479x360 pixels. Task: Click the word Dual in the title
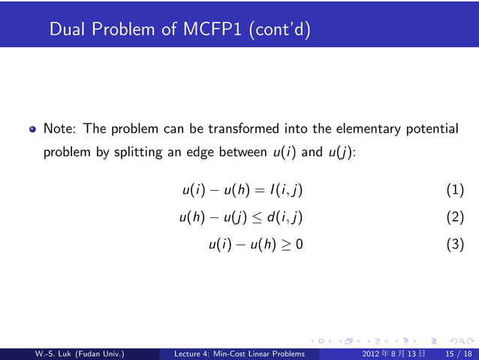point(66,30)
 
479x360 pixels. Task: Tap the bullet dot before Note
point(32,129)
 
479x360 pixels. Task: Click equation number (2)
point(455,218)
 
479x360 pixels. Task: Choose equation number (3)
point(455,244)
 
